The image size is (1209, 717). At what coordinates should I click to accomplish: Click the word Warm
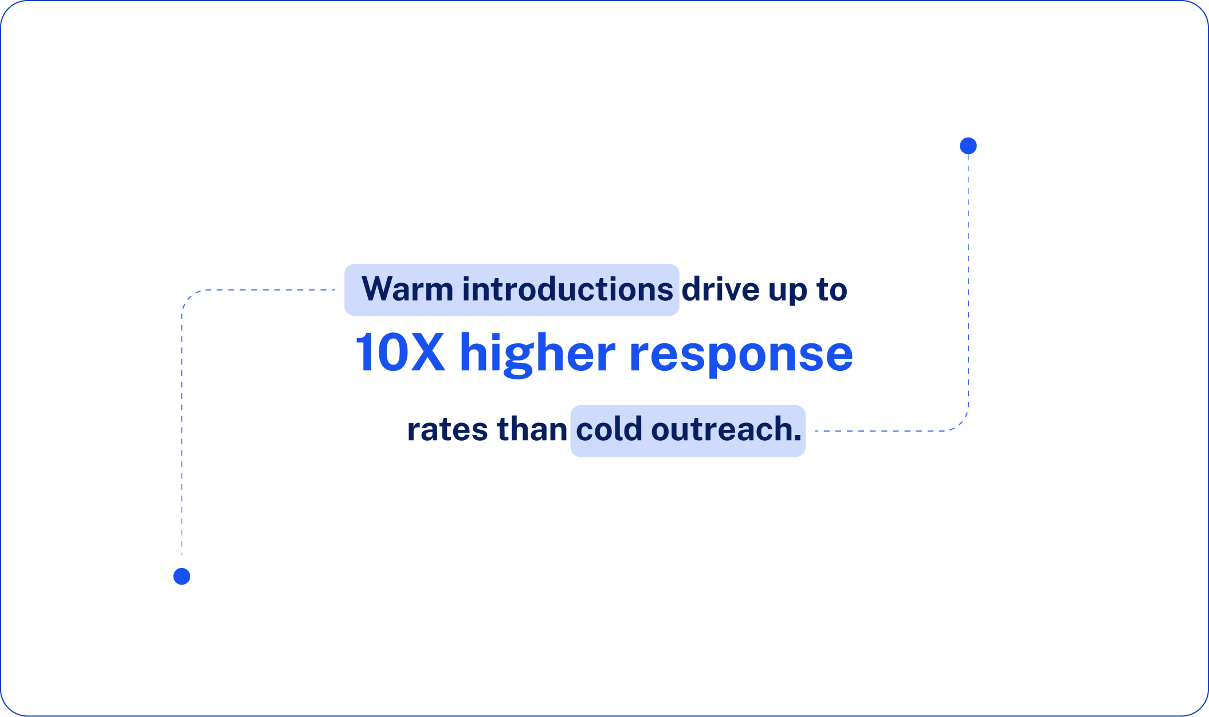click(407, 289)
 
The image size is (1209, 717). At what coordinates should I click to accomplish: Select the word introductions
click(567, 289)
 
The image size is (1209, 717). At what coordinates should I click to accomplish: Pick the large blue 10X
click(400, 353)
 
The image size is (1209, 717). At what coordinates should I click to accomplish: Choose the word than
click(532, 430)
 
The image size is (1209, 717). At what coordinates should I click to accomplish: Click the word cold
click(609, 430)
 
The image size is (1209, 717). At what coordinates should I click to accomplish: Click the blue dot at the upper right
click(968, 146)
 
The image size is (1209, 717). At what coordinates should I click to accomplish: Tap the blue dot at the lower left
click(182, 576)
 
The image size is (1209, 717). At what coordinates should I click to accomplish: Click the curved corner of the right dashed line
click(962, 424)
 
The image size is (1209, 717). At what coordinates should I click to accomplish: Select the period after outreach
click(798, 440)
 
